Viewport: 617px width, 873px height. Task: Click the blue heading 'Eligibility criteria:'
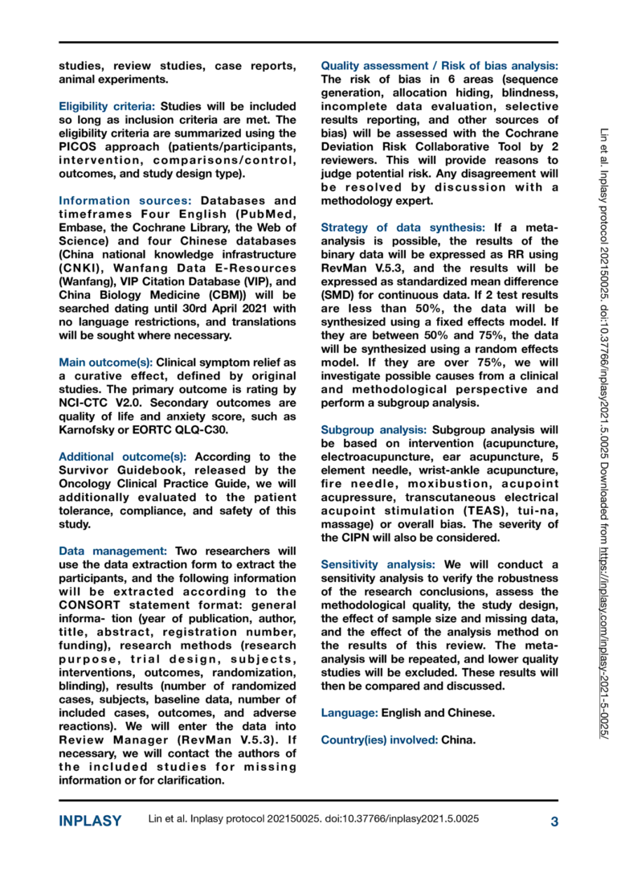[108, 106]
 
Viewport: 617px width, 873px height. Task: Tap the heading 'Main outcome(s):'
[105, 363]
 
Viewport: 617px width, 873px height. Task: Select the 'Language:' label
[349, 713]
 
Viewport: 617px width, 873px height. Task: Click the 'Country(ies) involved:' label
[379, 739]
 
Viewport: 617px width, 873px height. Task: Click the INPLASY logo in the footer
[90, 821]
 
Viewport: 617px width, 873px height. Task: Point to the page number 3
[554, 821]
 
